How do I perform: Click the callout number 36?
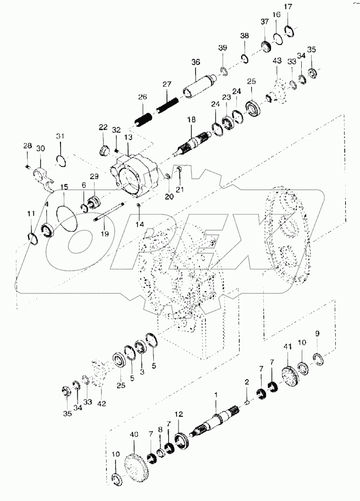click(195, 62)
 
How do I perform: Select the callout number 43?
click(277, 60)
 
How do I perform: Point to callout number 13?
click(128, 137)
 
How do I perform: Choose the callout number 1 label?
click(216, 395)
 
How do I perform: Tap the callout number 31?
click(60, 136)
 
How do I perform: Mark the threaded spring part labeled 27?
click(168, 103)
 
